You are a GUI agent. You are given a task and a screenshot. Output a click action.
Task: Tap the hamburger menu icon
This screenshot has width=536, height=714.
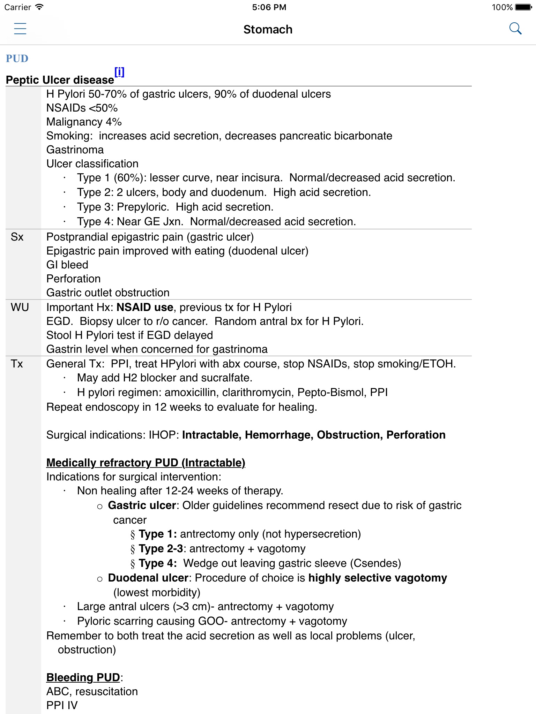[x=20, y=29]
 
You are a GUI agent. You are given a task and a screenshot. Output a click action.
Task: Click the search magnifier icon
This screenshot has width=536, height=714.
[x=515, y=29]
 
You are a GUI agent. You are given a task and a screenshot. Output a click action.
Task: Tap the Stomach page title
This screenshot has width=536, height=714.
[x=268, y=30]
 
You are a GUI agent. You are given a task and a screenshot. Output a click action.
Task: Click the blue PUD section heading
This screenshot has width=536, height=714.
[x=17, y=58]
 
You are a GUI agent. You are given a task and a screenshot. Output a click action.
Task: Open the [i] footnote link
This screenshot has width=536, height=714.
[x=119, y=72]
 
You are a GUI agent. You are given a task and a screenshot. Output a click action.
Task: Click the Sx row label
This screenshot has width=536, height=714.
[x=17, y=237]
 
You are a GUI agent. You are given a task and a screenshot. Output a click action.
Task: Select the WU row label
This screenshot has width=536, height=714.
[x=20, y=307]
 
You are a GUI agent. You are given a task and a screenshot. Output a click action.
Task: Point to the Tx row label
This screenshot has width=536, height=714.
[x=17, y=364]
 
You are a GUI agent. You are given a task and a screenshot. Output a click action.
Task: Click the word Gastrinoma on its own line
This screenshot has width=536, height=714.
[x=75, y=150]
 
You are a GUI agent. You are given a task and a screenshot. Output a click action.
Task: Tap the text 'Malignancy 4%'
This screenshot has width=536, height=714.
[x=84, y=122]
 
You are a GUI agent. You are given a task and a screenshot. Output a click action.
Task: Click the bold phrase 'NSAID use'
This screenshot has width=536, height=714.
[x=145, y=307]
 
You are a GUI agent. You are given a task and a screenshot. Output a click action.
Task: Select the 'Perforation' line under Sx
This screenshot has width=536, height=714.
[x=73, y=279]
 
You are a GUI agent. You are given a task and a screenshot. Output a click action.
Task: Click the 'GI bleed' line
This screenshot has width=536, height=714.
[x=67, y=265]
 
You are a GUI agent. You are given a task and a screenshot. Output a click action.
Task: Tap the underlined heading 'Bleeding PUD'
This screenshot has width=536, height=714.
[x=83, y=677]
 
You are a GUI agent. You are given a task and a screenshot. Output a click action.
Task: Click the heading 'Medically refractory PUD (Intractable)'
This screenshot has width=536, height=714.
[x=146, y=463]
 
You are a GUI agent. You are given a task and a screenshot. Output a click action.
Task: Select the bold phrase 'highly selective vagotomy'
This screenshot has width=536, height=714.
[x=378, y=578]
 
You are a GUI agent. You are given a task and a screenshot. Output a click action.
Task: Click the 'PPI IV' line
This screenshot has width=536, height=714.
[x=62, y=705]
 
